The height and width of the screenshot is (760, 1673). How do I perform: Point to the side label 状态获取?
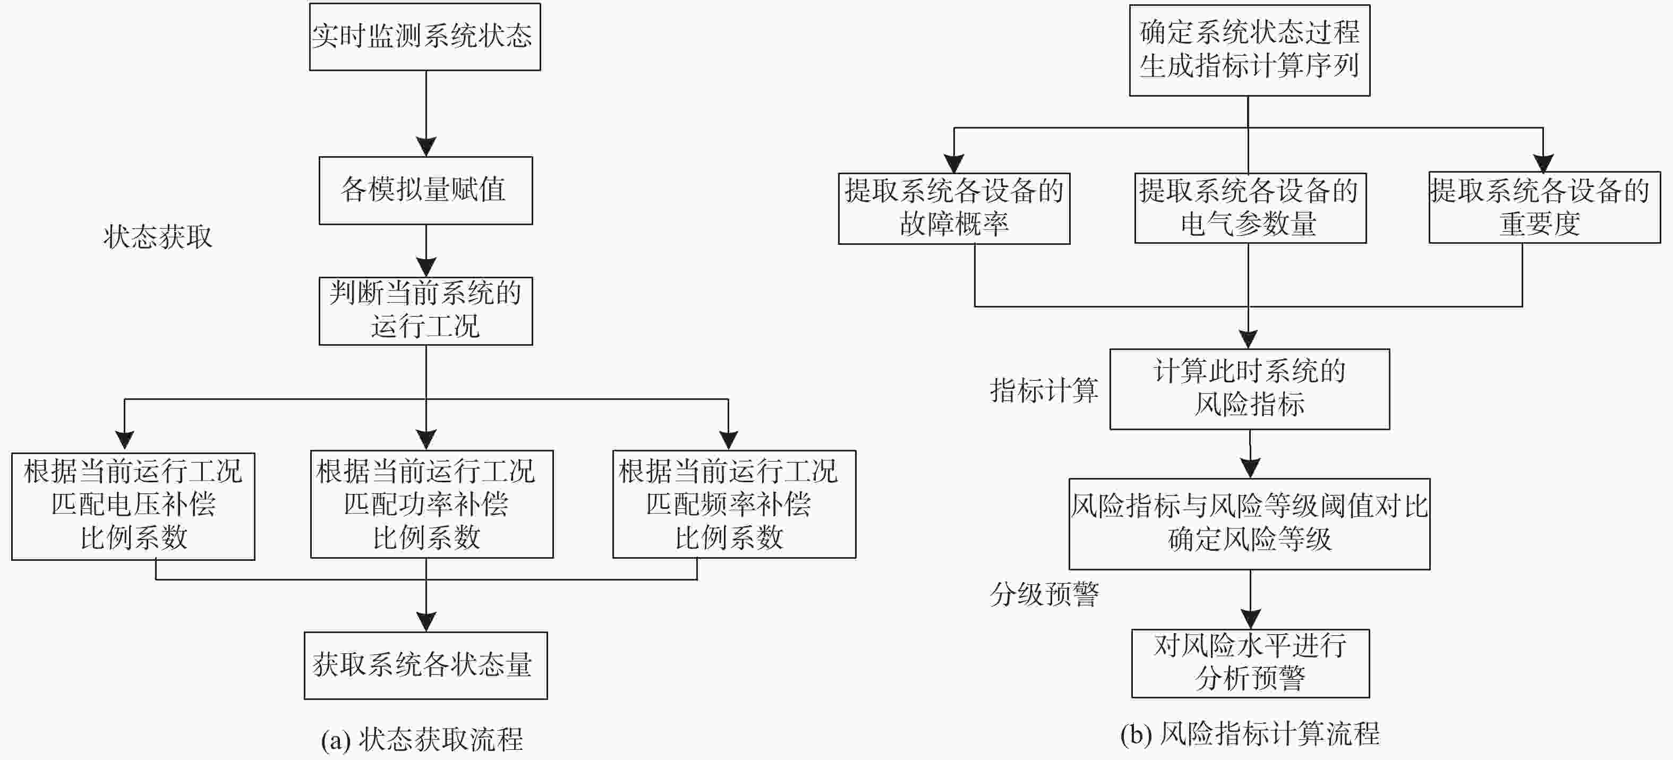(x=158, y=237)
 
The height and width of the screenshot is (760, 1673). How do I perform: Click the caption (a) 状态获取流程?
(x=422, y=739)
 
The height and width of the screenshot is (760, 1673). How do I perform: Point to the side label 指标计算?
(x=1044, y=390)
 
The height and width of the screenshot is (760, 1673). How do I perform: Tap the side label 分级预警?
(x=1044, y=594)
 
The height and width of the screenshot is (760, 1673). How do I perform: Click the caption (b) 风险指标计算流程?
(x=1250, y=734)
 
